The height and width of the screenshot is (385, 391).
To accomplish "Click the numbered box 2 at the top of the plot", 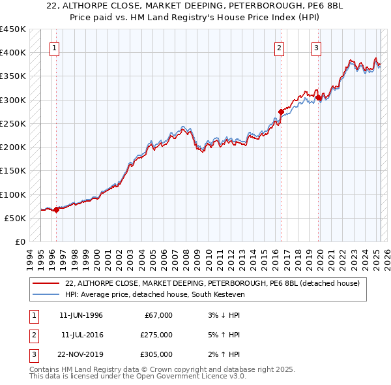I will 279,47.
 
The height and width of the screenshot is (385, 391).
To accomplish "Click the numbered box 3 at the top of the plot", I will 316,47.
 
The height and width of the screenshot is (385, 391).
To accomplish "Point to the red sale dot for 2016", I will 281,111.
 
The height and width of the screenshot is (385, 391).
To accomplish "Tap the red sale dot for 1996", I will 56,209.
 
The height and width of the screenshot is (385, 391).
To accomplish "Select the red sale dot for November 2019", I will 319,97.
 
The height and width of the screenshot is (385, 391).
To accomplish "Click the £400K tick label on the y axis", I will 13,53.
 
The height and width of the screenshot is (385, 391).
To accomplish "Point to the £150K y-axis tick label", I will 13,171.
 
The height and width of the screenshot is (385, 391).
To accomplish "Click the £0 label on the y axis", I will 20,242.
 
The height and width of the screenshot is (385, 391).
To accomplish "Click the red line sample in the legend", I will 46,284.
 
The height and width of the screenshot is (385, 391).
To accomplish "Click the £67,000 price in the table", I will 158,315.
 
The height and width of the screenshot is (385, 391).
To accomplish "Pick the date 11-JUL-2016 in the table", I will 81,335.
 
